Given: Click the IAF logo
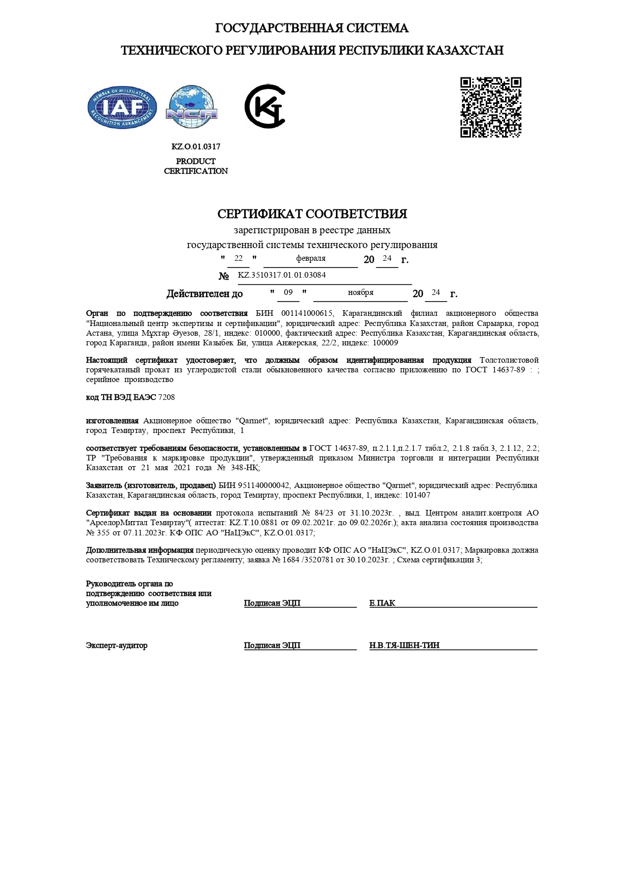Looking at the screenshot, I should (122, 107).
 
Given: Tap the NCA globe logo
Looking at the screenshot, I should (192, 107).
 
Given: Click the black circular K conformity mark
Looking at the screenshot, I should (265, 106).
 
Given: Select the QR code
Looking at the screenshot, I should (490, 107).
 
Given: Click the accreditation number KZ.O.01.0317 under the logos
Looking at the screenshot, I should (196, 147).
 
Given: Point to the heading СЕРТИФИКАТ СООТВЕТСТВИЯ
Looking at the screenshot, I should (312, 214).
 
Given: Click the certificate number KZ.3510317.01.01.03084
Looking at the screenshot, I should (282, 275).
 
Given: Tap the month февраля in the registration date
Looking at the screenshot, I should (310, 258).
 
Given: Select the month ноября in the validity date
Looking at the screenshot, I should (360, 292).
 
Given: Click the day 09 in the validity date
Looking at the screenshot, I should (288, 292).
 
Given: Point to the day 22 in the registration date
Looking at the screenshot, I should (238, 258).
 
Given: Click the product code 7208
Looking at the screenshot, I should (167, 397).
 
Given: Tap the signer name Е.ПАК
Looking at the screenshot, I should (382, 603).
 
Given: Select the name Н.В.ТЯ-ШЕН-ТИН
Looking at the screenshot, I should (404, 645).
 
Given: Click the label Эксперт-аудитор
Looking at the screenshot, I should (117, 645).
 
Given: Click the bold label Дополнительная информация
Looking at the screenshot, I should (140, 550).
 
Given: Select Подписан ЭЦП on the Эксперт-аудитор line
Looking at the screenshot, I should (272, 645).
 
